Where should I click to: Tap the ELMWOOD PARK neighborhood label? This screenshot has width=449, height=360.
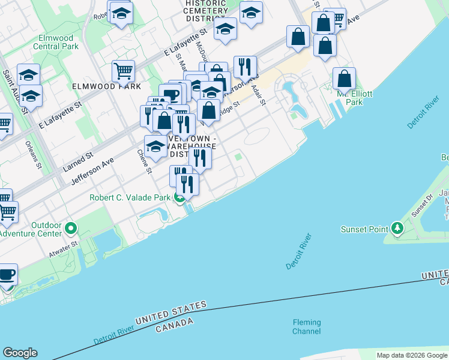(x=106, y=86)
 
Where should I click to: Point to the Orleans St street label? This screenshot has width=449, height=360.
(x=34, y=154)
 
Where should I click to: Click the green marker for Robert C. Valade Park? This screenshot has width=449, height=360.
(x=179, y=198)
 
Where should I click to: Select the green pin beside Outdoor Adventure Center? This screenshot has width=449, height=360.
(x=71, y=229)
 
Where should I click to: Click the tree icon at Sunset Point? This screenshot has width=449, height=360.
(x=397, y=229)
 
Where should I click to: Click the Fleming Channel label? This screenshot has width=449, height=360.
(x=306, y=327)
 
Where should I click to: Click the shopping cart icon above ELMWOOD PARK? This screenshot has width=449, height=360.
(x=123, y=71)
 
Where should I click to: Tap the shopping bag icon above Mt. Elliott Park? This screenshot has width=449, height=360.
(x=345, y=79)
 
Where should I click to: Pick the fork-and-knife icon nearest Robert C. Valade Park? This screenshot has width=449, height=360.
(x=188, y=184)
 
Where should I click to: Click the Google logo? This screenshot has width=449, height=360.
(x=20, y=353)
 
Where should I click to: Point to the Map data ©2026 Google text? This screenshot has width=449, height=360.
(x=412, y=355)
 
